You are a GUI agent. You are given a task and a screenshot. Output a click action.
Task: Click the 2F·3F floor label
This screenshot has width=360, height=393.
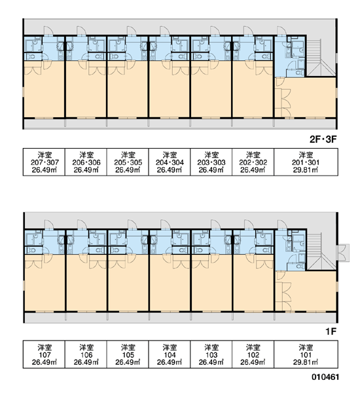tap(323, 140)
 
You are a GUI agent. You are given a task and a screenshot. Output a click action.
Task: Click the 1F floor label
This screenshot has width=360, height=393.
tap(331, 331)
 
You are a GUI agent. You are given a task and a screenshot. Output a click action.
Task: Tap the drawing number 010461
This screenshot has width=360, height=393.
tap(325, 377)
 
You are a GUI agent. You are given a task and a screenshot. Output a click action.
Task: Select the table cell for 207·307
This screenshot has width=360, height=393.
tap(44, 162)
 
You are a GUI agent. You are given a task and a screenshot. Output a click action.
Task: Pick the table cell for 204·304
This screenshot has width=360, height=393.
tap(170, 162)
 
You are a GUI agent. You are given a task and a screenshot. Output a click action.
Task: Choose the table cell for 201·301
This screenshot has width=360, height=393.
tap(306, 162)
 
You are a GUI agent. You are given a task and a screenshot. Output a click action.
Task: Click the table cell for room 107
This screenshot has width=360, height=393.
tap(44, 354)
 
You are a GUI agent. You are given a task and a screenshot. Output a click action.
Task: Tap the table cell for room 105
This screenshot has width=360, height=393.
tap(128, 354)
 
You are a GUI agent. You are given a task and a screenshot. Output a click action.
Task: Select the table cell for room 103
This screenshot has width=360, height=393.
tap(211, 354)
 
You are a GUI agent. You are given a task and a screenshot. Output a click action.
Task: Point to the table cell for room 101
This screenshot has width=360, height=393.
tap(306, 354)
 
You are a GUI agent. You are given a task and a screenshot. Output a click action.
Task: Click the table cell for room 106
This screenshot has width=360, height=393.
tap(86, 354)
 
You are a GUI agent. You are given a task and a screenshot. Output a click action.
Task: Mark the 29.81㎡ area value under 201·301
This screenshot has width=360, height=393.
tap(306, 170)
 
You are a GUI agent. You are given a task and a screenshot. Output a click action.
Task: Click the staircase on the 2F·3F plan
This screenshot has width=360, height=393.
tap(321, 58)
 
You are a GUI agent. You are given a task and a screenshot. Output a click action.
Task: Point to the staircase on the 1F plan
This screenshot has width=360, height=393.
tap(321, 252)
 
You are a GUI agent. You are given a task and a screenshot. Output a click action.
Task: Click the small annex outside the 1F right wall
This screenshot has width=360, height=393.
tap(343, 253)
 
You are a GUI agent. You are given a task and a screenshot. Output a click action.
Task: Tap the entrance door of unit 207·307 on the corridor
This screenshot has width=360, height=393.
tap(48, 31)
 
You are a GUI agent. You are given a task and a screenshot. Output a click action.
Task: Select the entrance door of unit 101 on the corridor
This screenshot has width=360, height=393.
tap(281, 225)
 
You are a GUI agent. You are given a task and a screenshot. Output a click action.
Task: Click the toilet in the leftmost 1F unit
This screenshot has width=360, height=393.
tap(32, 250)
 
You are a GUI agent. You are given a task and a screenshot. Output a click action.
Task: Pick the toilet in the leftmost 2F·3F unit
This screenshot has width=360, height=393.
tap(32, 56)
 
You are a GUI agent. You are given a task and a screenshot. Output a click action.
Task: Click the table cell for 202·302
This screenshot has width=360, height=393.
tap(253, 162)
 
